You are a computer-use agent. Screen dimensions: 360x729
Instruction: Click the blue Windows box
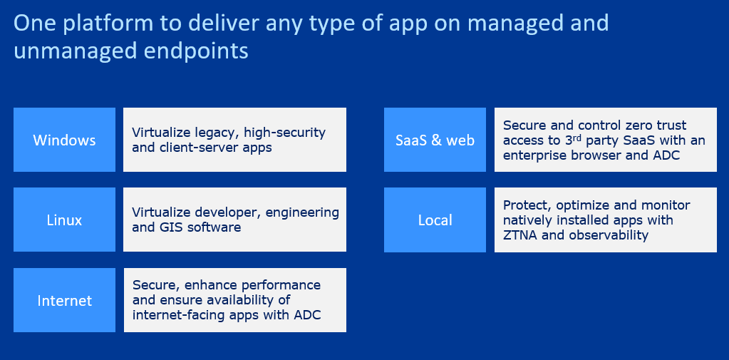coord(64,140)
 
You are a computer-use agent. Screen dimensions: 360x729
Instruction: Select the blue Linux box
coord(64,220)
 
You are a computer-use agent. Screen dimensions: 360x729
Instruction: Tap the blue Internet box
coord(64,301)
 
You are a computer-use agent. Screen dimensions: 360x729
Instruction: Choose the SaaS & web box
coord(435,140)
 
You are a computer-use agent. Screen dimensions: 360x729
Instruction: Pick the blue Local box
coord(435,220)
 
